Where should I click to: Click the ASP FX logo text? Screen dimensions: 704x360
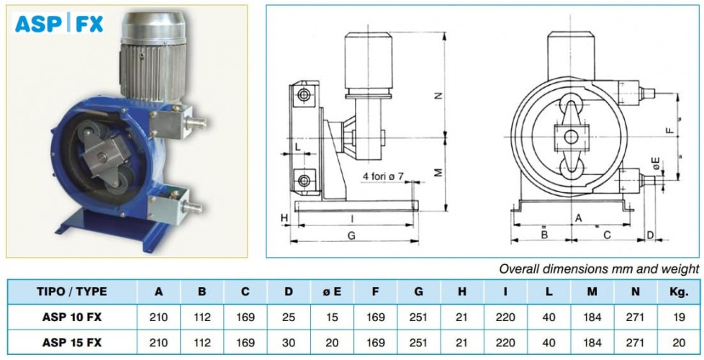click(59, 24)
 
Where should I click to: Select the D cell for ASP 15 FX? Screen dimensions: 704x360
click(289, 343)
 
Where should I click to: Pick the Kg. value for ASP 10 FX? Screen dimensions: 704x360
click(680, 318)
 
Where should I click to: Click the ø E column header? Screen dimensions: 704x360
click(332, 292)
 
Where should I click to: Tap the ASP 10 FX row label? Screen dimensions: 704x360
click(72, 318)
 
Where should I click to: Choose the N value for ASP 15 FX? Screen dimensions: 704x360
click(636, 343)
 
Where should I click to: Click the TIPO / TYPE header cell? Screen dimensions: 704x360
click(72, 292)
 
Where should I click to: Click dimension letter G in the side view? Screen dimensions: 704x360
click(351, 235)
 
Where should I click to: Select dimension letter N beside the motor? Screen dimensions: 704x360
click(439, 95)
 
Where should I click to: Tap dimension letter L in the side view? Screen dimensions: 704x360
click(297, 146)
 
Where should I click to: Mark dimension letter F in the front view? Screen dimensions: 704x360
click(669, 131)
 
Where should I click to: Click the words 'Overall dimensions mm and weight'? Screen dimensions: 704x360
click(600, 269)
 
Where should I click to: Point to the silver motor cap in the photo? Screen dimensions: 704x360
click(153, 28)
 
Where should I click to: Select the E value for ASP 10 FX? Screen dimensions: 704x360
click(332, 318)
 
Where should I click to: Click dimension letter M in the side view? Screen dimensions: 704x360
click(439, 172)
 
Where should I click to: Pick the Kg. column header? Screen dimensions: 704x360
click(680, 292)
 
